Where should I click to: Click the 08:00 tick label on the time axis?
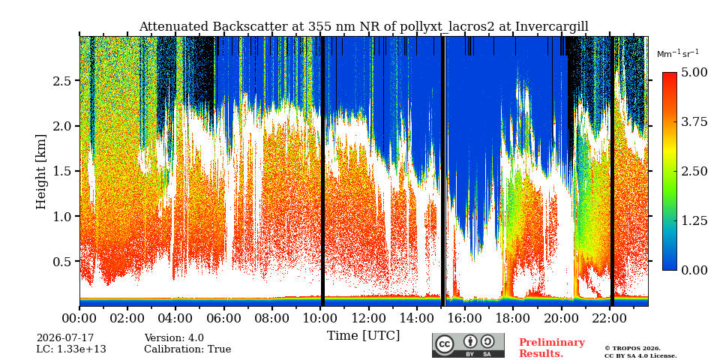coord(272,317)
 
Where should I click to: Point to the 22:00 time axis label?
coord(609,317)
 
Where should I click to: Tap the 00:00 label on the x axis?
coord(80,317)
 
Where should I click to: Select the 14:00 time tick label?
coord(417,317)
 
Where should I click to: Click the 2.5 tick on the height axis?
coord(65,81)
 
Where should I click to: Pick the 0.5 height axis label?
coord(65,261)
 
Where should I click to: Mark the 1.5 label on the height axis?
coord(65,171)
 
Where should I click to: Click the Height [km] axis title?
coord(41,172)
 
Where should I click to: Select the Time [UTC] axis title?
coord(363,336)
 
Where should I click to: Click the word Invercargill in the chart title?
coord(551,27)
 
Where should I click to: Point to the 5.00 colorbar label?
coord(694,73)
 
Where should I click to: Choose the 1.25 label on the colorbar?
coord(694,220)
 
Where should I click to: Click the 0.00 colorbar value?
coord(694,271)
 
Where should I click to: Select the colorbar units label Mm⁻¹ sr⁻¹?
coord(678,53)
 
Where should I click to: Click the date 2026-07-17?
coord(65,338)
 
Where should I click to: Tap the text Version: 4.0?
coord(174,338)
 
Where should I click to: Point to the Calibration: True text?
coord(187,349)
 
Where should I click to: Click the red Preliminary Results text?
coord(552,347)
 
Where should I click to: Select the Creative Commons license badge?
coord(468,345)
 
